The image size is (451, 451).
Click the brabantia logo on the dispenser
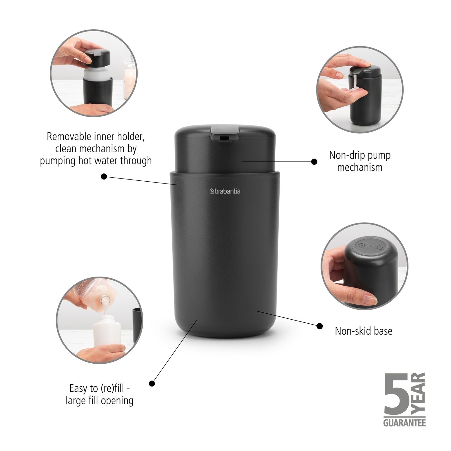[225, 191]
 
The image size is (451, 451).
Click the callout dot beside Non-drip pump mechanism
[314, 162]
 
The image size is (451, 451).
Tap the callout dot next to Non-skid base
[320, 326]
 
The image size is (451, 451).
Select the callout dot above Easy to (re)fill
[152, 383]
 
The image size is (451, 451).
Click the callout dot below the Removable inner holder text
[104, 177]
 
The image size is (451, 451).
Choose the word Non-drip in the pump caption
[343, 155]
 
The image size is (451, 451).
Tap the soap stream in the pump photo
[355, 84]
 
